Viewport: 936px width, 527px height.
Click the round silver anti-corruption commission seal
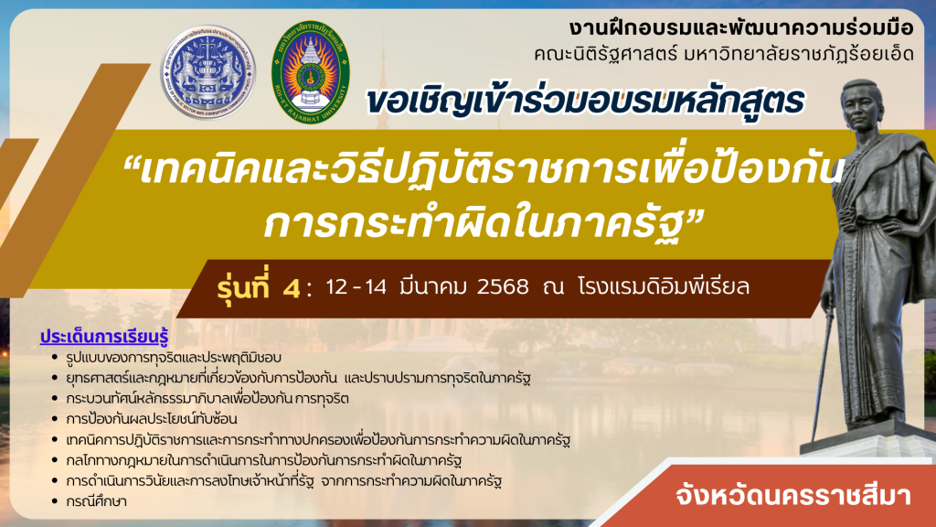[x=207, y=72]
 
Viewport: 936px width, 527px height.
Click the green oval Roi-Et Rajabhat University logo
[x=311, y=72]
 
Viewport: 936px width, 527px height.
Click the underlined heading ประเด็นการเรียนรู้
[x=104, y=337]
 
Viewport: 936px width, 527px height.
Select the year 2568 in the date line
[x=503, y=286]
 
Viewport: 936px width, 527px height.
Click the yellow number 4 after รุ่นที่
[x=292, y=288]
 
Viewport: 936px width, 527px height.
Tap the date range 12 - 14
[x=356, y=286]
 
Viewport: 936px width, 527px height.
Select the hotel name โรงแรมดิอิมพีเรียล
[x=664, y=286]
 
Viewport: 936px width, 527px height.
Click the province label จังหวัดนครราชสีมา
[x=793, y=495]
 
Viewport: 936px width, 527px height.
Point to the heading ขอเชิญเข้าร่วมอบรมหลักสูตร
[x=586, y=101]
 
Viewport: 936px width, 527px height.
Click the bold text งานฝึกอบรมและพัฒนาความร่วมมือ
[x=740, y=27]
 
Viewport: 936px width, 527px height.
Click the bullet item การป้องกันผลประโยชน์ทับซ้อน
[x=152, y=419]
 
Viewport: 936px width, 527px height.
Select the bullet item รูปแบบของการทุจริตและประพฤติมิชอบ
[x=174, y=358]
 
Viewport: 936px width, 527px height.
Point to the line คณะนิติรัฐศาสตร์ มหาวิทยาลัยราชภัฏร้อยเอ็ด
[x=724, y=54]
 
